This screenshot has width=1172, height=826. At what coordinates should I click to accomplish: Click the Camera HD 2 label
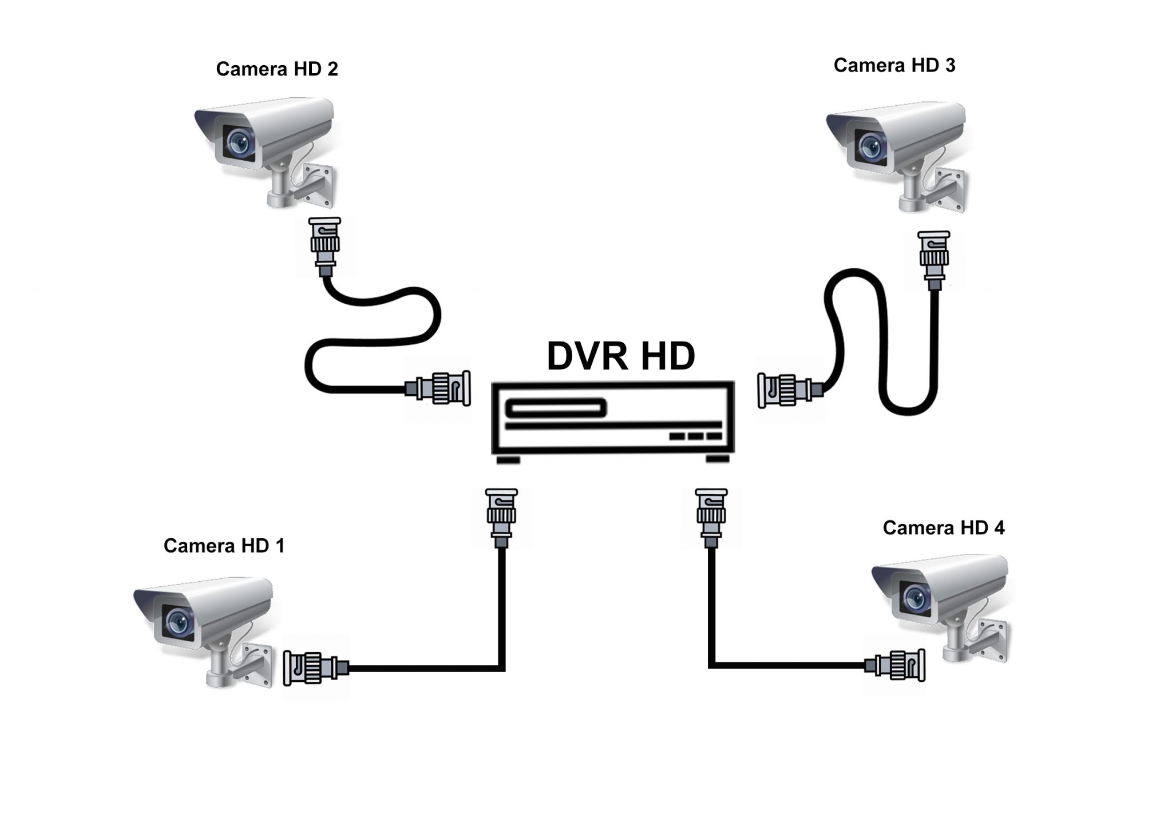[x=277, y=69]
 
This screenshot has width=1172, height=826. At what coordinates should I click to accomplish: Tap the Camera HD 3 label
[x=894, y=66]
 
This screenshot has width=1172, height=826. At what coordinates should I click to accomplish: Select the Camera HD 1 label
[x=224, y=546]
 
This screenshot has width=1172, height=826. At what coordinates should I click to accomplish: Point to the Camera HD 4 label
[x=943, y=527]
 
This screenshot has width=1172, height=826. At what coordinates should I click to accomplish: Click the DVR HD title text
[x=621, y=356]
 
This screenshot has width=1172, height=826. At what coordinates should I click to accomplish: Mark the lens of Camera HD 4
[x=914, y=598]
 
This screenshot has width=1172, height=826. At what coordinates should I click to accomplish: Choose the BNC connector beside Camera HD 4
[x=896, y=665]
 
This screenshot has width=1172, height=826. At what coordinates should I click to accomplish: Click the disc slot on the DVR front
[x=555, y=408]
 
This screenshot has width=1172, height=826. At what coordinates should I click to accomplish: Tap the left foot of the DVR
[x=508, y=460]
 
